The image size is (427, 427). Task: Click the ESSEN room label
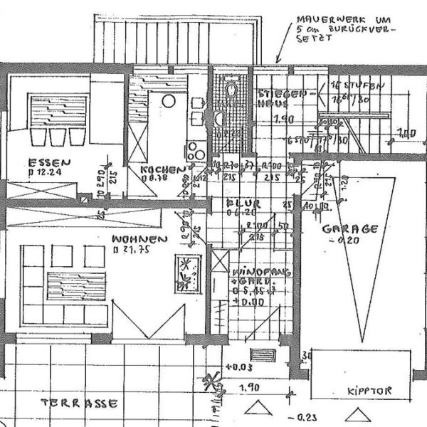pyautogui.click(x=43, y=161)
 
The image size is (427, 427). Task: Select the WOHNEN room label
pyautogui.click(x=139, y=240)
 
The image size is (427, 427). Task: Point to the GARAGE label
pyautogui.click(x=349, y=229)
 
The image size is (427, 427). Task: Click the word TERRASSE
pyautogui.click(x=78, y=404)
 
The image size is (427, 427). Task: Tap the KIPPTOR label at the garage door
pyautogui.click(x=369, y=391)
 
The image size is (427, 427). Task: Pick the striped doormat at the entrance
pyautogui.click(x=263, y=355)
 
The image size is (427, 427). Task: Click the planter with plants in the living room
pyautogui.click(x=187, y=273)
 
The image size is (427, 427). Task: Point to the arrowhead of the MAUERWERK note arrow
pyautogui.click(x=279, y=63)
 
